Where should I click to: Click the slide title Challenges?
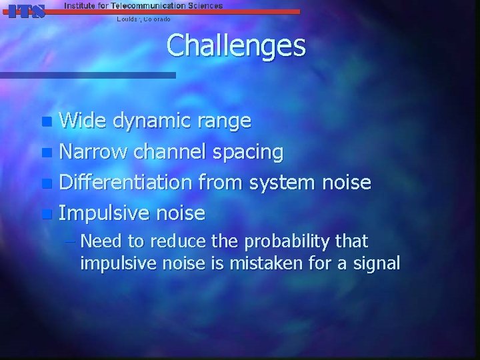point(236,46)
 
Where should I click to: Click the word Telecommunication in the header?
point(143,5)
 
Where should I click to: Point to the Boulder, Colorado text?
point(143,19)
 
